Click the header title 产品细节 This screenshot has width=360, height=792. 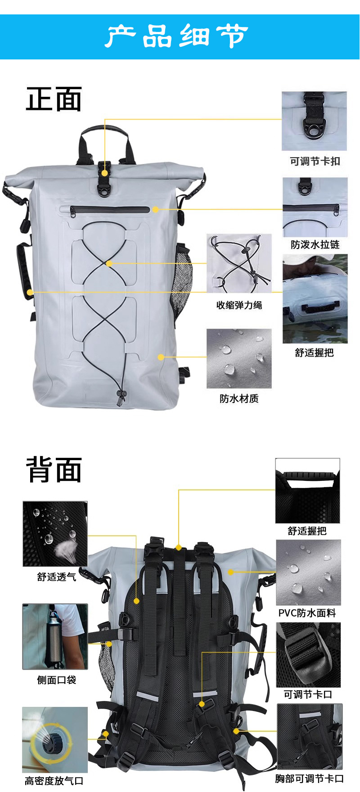tap(177, 36)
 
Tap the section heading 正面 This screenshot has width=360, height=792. tap(54, 99)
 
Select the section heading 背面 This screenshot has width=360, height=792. tap(54, 469)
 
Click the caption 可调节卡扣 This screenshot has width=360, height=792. tap(315, 161)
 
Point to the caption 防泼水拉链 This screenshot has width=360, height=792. tap(315, 244)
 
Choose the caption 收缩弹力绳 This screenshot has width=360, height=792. tap(239, 305)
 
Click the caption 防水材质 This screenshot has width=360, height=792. tap(239, 398)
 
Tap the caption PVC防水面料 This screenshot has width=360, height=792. tap(307, 613)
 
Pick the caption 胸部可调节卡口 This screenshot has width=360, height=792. tap(310, 779)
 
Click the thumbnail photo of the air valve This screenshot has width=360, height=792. tap(55, 739)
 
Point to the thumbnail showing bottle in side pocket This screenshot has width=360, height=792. tap(55, 637)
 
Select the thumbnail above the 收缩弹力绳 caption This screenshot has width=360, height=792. tap(239, 263)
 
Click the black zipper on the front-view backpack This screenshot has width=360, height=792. tap(110, 210)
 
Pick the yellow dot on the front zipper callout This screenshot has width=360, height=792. tap(155, 209)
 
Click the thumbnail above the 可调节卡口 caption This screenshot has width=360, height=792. tap(309, 655)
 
